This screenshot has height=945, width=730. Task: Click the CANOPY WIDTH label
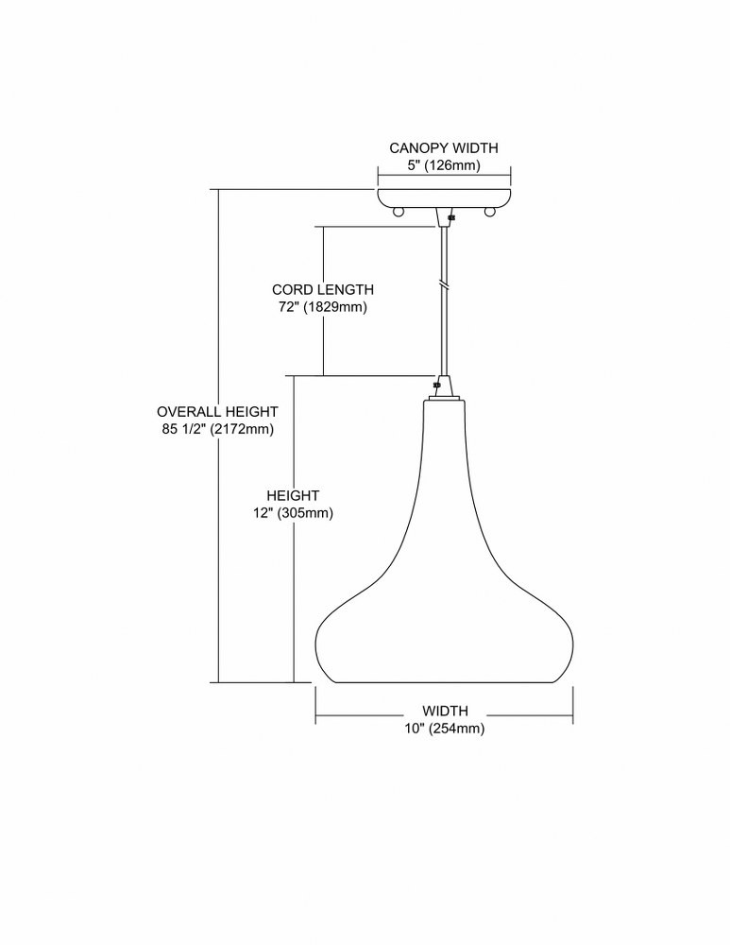tap(444, 147)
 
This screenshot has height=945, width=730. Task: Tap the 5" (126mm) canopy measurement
tap(444, 165)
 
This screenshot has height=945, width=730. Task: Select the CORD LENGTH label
tap(323, 289)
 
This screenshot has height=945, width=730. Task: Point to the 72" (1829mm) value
tap(322, 307)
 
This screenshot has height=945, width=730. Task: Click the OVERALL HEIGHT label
tap(217, 412)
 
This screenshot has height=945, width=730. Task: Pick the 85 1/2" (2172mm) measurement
tap(217, 429)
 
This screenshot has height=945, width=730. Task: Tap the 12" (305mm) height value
tap(293, 513)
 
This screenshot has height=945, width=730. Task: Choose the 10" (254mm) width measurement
tap(445, 728)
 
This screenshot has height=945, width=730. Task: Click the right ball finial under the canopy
tap(490, 212)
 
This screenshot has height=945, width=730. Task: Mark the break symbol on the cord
tap(444, 283)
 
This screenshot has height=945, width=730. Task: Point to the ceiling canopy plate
tap(444, 198)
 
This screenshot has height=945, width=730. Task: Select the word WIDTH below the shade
tap(445, 712)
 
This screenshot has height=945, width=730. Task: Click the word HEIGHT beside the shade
tap(293, 495)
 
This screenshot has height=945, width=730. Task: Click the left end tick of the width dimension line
tap(316, 705)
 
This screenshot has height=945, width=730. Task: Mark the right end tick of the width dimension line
tap(573, 705)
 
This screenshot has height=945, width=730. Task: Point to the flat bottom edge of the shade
tap(444, 683)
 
